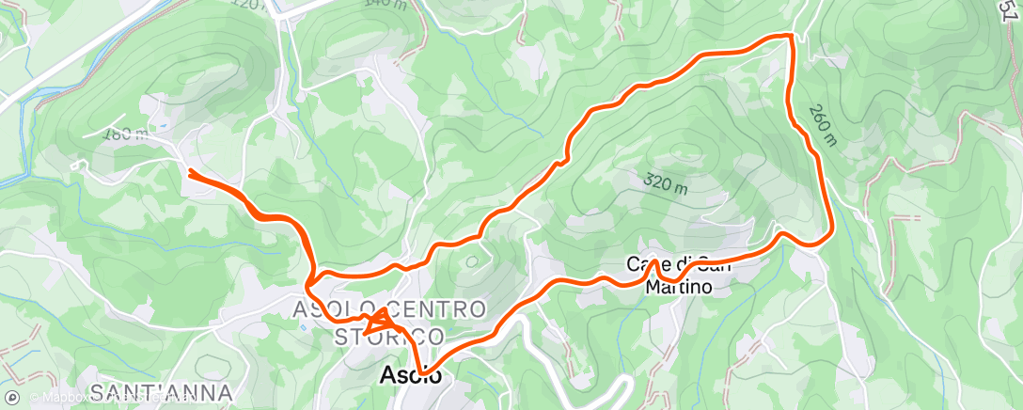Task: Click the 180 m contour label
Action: pyautogui.click(x=130, y=134)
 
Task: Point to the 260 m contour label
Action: pyautogui.click(x=821, y=124)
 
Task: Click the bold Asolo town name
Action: pyautogui.click(x=410, y=374)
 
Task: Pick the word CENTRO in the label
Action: pyautogui.click(x=439, y=309)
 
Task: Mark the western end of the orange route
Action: pyautogui.click(x=191, y=172)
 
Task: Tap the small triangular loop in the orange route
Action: pyautogui.click(x=381, y=320)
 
